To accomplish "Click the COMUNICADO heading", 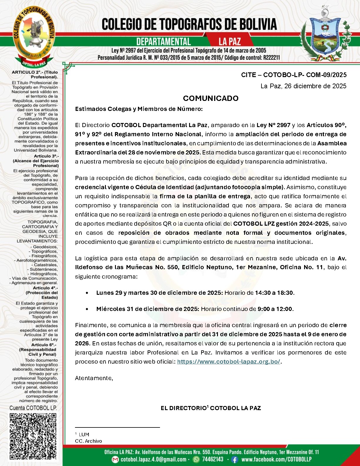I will pos(211,98).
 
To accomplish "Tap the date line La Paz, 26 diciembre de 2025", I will pos(303,86).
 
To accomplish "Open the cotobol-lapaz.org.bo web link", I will pos(229,362).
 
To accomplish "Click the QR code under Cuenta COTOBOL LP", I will pos(33,436).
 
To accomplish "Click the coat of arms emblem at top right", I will pos(326,35).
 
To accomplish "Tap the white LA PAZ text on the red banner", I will pos(229,42).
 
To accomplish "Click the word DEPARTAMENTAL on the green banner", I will pos(164,42).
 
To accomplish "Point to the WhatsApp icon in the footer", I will pos(196,459).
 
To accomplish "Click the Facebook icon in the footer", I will pos(234,459).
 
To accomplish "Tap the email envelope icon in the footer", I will pos(116,459).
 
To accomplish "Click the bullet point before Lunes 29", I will pos(87,293).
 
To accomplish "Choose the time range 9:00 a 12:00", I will pos(275,309).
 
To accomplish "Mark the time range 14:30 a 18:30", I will pos(274,293).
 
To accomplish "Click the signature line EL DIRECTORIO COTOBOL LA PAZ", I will pos(211,408).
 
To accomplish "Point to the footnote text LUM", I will pos(84,435).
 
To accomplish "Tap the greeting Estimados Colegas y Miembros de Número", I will pos(139,109).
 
